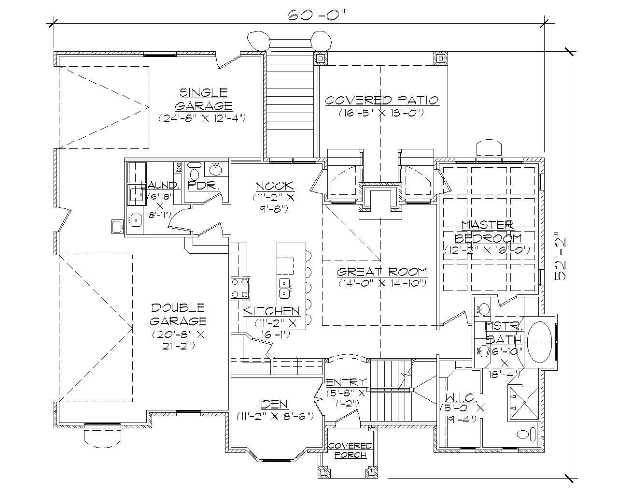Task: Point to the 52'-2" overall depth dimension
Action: click(x=561, y=258)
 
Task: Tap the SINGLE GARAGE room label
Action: click(x=203, y=99)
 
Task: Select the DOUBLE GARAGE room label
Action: click(x=178, y=314)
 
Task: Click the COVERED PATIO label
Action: click(x=381, y=101)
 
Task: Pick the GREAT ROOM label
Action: click(x=381, y=271)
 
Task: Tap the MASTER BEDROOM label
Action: click(x=488, y=231)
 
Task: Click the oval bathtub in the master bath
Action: click(x=538, y=341)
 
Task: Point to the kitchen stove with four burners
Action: click(x=240, y=288)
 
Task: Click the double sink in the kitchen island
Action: click(x=284, y=288)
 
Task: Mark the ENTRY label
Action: click(x=346, y=382)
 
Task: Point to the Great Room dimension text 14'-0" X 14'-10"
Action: click(x=381, y=283)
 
